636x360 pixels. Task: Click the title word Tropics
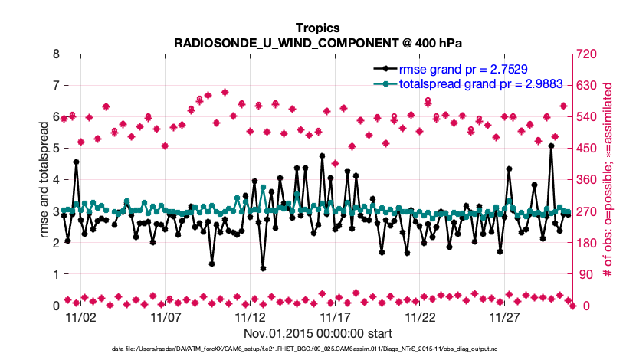tap(317, 28)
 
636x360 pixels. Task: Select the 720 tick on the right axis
tap(587, 54)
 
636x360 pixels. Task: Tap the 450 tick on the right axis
tap(587, 149)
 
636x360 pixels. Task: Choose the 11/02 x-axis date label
tap(80, 316)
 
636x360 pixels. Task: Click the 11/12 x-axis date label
tap(250, 316)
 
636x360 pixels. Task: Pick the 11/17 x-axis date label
tap(335, 316)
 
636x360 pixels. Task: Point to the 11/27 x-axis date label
tap(504, 316)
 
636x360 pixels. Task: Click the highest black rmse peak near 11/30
tap(551, 146)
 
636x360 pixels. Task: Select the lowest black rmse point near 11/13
tap(263, 268)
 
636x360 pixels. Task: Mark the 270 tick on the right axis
tap(587, 211)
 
